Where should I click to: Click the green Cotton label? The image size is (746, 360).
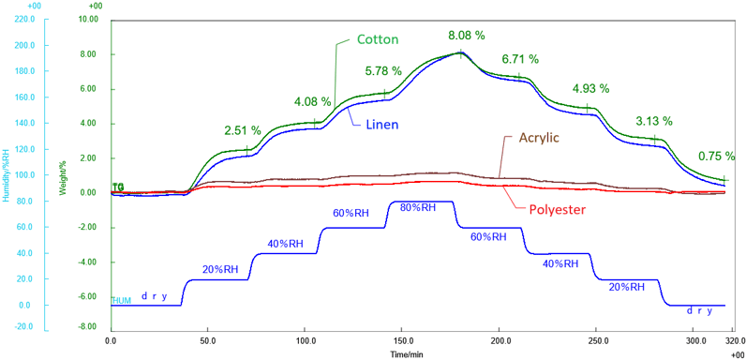point(379,39)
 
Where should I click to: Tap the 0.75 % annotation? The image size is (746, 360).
point(716,157)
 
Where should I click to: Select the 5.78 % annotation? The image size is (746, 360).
point(383,70)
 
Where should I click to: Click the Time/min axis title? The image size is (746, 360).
point(406,353)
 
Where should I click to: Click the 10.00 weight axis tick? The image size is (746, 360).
point(89,19)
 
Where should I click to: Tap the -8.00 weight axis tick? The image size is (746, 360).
point(88,327)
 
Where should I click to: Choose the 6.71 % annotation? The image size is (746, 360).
point(520,58)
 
